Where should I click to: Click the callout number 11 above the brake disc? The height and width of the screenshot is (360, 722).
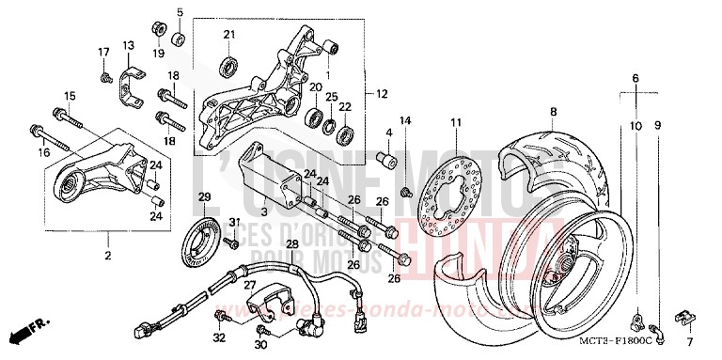(x=455, y=123)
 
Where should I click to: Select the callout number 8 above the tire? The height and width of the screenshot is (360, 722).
(x=553, y=112)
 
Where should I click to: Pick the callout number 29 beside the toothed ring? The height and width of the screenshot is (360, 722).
(x=202, y=196)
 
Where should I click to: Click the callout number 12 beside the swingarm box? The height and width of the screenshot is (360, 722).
(x=382, y=94)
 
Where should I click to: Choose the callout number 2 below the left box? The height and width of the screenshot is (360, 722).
(x=108, y=255)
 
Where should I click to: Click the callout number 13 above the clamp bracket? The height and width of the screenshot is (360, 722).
(x=128, y=45)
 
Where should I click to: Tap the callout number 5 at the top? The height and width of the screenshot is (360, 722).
(x=179, y=12)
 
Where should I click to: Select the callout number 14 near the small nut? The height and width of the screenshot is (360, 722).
(x=405, y=120)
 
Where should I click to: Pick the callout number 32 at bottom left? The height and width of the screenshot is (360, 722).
(x=218, y=337)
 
